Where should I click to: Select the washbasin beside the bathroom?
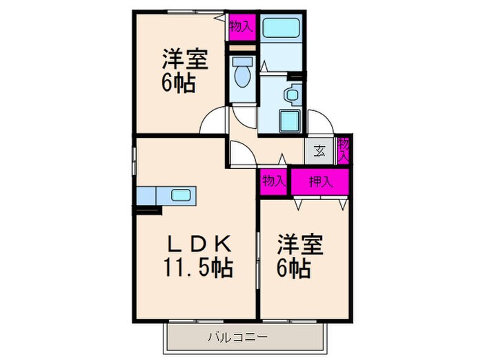coord(293,94)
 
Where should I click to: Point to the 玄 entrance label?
coord(320,150)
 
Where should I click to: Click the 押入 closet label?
coord(319,181)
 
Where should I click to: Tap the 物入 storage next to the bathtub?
coord(242,27)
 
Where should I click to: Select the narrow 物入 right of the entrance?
coord(343,150)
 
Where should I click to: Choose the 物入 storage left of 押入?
coord(273,181)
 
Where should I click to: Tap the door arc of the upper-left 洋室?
coord(213,121)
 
